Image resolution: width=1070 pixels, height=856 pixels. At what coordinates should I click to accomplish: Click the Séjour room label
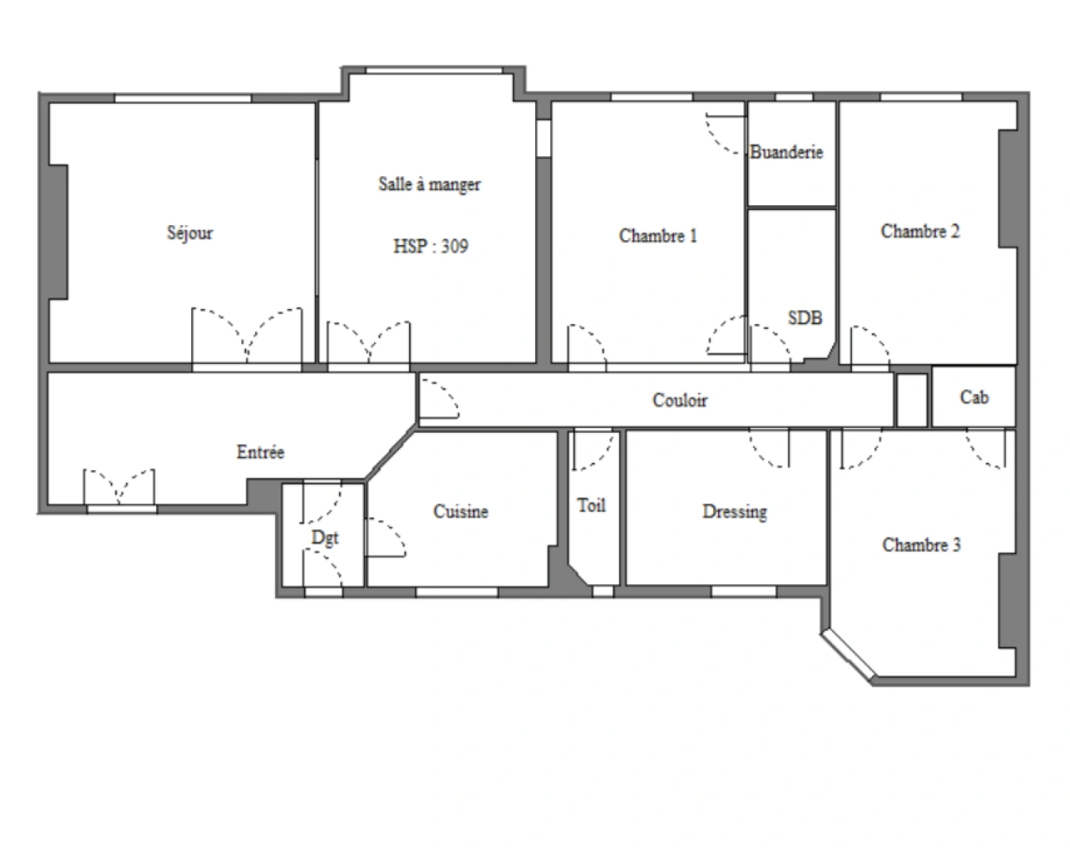[189, 233]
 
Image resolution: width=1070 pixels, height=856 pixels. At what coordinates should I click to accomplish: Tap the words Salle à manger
[429, 185]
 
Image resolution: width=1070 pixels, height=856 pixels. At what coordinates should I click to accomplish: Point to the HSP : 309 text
[430, 246]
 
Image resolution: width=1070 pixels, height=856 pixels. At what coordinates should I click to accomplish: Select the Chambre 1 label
[657, 235]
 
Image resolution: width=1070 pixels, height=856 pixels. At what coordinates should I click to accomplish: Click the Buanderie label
[786, 152]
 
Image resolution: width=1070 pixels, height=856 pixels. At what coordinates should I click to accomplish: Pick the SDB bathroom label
[804, 318]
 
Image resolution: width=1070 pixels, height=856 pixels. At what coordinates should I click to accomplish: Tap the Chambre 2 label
[919, 231]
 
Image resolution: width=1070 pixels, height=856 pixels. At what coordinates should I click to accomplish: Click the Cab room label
[973, 397]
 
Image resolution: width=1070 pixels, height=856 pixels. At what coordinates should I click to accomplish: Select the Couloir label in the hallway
[679, 400]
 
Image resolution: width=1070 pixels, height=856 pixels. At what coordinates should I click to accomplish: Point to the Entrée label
[260, 453]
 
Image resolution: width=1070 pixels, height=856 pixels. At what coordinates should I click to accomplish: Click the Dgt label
[324, 537]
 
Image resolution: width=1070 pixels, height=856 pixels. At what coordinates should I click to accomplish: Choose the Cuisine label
[460, 512]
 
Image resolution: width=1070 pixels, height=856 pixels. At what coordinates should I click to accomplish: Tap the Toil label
[591, 506]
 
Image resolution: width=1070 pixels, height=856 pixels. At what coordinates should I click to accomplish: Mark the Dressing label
[734, 512]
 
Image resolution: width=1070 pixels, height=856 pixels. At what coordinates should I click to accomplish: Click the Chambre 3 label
[921, 545]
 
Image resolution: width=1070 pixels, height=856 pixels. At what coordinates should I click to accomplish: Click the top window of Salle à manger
[434, 71]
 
